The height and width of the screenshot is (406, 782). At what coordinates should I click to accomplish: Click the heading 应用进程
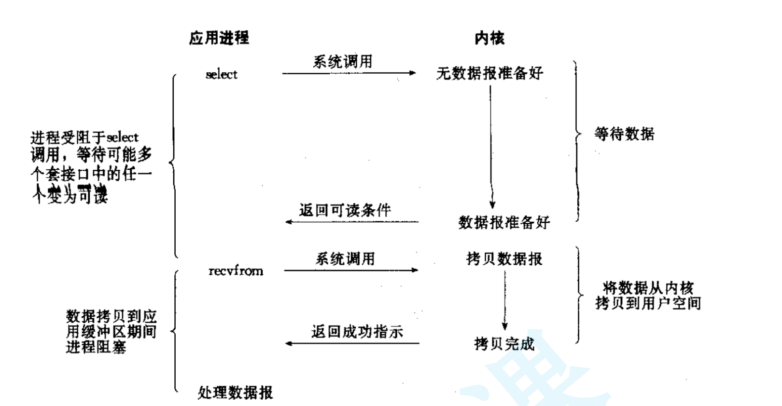tap(219, 38)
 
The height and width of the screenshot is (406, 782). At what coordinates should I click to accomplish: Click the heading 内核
tap(489, 38)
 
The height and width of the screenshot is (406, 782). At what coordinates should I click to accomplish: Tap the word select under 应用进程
tap(222, 74)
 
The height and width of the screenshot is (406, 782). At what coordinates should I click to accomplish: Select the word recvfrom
tap(236, 271)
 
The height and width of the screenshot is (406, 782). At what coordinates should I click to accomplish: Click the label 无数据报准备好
tap(489, 73)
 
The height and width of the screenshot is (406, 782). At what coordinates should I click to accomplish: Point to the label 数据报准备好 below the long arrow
tap(504, 222)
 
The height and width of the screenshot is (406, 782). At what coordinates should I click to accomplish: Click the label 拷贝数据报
tap(504, 259)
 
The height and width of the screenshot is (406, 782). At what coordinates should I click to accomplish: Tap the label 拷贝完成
tap(504, 344)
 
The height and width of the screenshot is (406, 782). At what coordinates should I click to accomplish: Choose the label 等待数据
tap(624, 134)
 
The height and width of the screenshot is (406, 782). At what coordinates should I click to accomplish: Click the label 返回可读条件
tap(345, 210)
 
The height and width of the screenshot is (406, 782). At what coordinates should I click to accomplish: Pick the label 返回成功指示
tap(357, 332)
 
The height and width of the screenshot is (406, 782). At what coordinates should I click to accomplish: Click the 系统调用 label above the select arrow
tap(343, 62)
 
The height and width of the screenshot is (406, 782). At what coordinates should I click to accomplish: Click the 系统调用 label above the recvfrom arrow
tap(345, 259)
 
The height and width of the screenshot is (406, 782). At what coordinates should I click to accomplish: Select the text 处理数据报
tap(235, 392)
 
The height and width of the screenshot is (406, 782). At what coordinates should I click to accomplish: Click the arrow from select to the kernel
tap(349, 73)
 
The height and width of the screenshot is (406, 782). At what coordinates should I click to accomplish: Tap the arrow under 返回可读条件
tap(352, 222)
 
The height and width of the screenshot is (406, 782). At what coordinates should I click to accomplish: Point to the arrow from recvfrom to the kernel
tap(351, 270)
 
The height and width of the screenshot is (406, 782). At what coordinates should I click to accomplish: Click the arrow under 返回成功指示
tap(352, 343)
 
